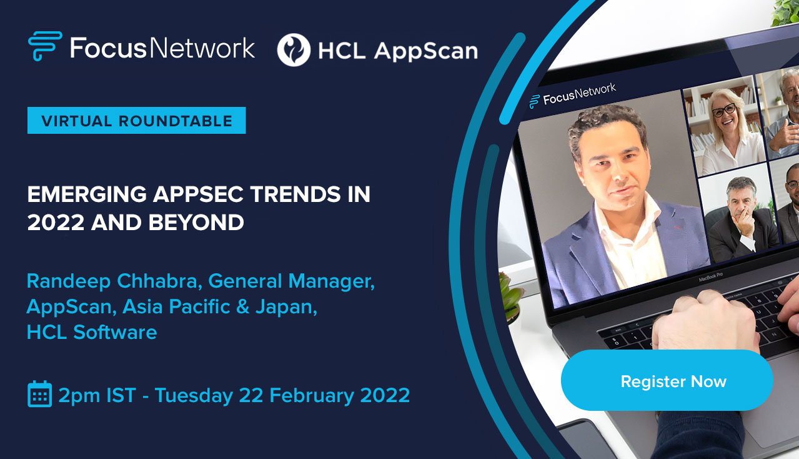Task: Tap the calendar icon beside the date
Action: point(39,394)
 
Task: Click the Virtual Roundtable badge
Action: point(136,121)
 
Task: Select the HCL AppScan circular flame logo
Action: point(294,50)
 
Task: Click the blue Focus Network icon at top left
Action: point(45,46)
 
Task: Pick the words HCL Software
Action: point(91,331)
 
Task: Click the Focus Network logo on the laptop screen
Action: point(573,96)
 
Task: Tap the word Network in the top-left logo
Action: point(207,48)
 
